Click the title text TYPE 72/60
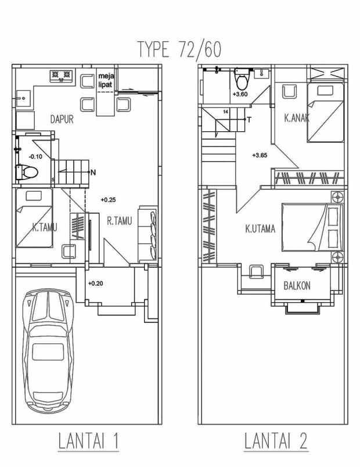tap(179, 49)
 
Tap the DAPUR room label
tap(62, 119)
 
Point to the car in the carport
tap(48, 350)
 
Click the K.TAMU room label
tap(45, 228)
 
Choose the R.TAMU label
tap(120, 221)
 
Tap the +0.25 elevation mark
tap(108, 200)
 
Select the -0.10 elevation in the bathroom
tap(35, 156)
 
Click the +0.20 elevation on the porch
tap(96, 283)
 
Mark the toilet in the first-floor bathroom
tap(27, 172)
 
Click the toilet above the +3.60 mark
tap(241, 78)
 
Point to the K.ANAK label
tap(297, 118)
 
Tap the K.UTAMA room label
tap(260, 229)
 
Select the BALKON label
tap(297, 286)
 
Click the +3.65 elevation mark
tap(260, 155)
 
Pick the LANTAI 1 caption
tap(88, 440)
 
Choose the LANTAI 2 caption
tap(276, 440)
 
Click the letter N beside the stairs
tap(93, 172)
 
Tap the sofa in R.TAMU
tap(147, 233)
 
